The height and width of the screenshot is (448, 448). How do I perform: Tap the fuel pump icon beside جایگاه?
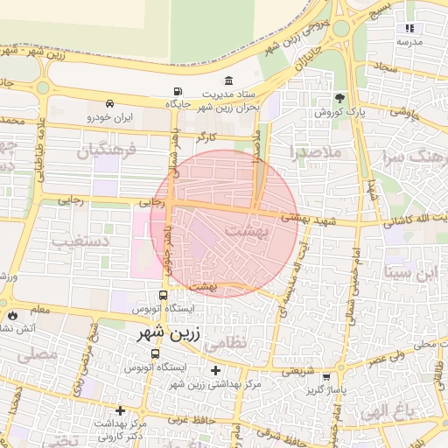pyautogui.click(x=178, y=92)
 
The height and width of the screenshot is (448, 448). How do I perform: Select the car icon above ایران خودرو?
pyautogui.click(x=110, y=102)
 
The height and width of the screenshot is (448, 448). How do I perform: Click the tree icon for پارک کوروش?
pyautogui.click(x=339, y=98)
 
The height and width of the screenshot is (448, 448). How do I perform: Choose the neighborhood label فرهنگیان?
pyautogui.click(x=108, y=150)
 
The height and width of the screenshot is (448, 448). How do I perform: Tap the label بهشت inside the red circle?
pyautogui.click(x=249, y=230)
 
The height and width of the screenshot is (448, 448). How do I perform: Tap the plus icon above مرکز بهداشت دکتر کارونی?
pyautogui.click(x=120, y=410)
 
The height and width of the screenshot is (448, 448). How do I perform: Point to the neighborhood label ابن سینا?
pyautogui.click(x=414, y=273)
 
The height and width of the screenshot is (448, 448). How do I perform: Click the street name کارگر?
pyautogui.click(x=206, y=137)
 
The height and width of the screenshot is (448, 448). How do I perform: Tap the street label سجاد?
pyautogui.click(x=385, y=66)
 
